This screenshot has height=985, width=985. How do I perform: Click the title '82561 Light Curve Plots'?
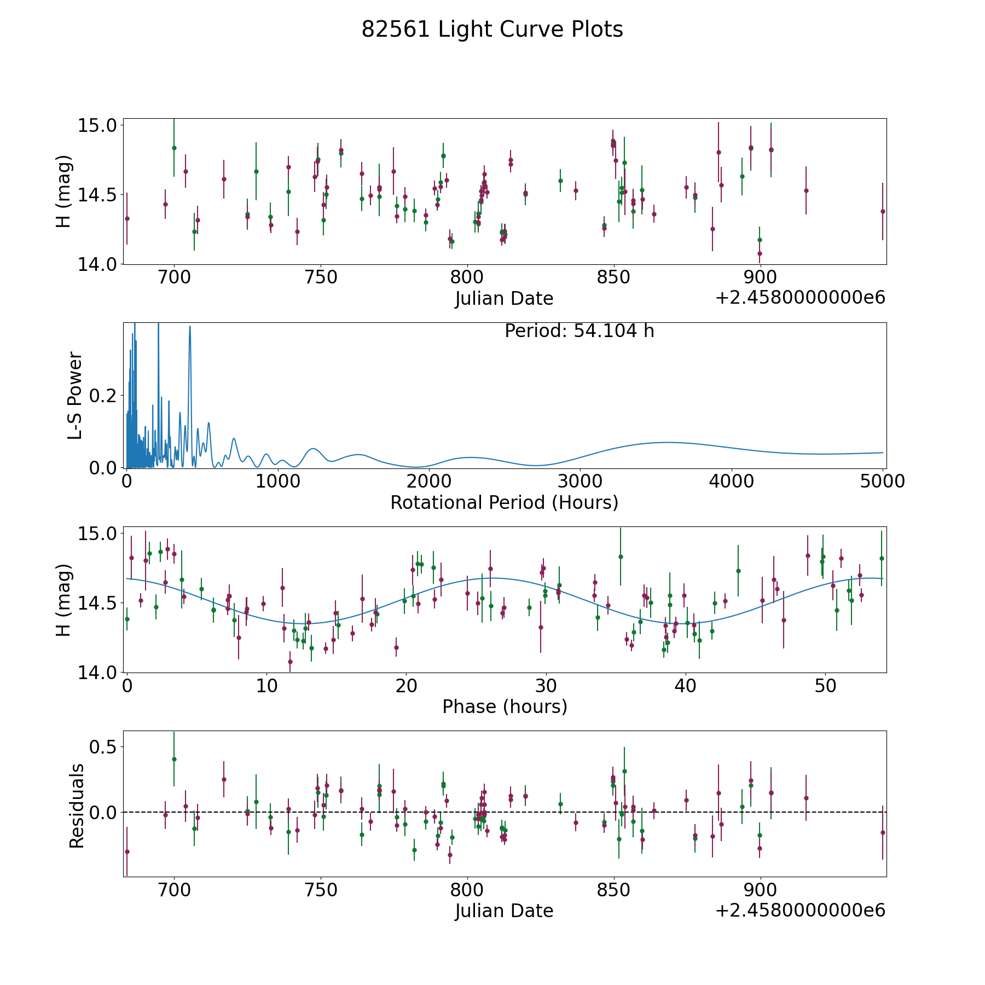(492, 30)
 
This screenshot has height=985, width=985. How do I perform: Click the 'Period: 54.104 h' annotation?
(579, 331)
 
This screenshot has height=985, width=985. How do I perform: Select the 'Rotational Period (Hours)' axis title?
(504, 502)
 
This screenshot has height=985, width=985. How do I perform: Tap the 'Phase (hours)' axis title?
(505, 706)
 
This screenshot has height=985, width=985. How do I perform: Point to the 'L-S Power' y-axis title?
(75, 395)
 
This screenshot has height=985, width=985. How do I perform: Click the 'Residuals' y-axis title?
(77, 806)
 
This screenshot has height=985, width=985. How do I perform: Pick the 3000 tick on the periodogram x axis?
(580, 482)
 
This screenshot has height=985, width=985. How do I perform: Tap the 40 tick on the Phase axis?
(685, 686)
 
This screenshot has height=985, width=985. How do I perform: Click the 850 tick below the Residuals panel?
(613, 890)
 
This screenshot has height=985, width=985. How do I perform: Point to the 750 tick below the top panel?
(321, 277)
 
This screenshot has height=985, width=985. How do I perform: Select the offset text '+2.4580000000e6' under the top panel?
(800, 298)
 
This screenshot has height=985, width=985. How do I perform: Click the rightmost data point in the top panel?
(882, 211)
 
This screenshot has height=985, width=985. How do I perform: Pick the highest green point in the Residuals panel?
(174, 759)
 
